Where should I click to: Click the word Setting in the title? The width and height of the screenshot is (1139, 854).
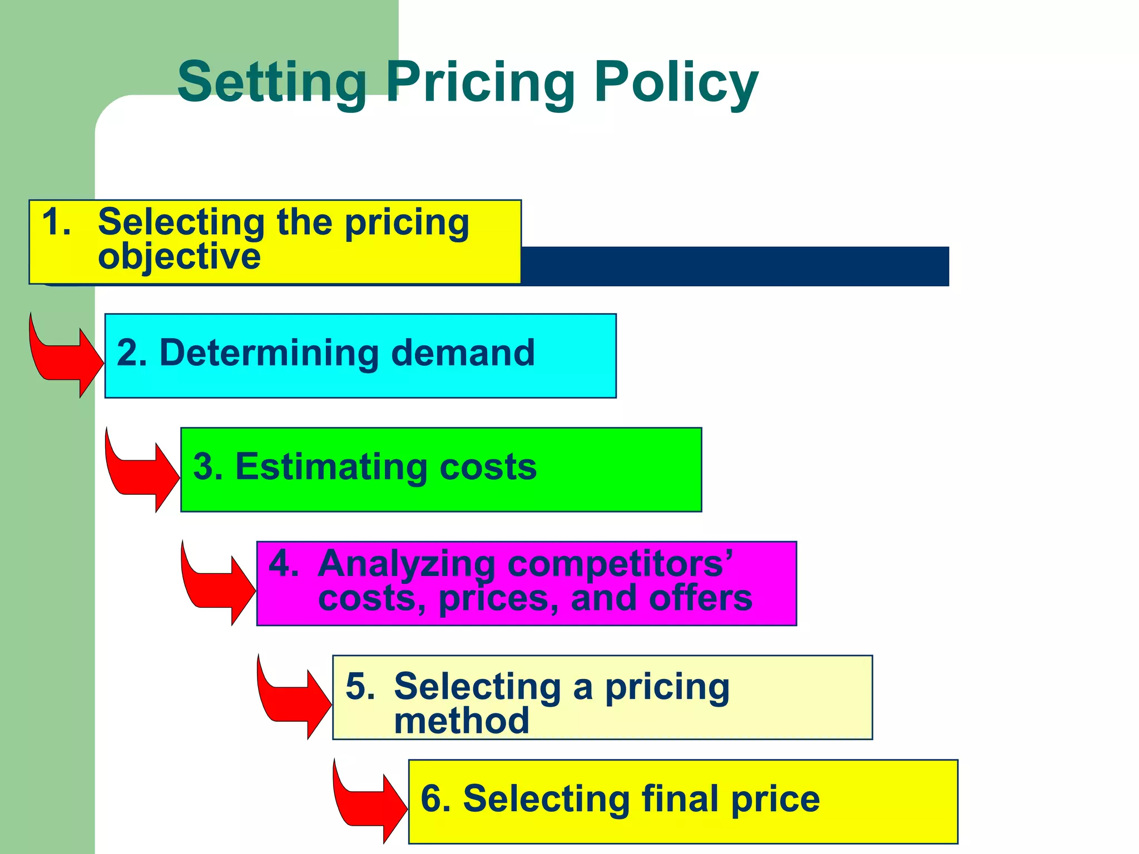271,83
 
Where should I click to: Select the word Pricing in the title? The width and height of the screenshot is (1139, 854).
480,83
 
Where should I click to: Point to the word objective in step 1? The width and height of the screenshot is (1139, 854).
179,257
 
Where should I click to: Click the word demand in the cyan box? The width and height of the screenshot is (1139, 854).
463,353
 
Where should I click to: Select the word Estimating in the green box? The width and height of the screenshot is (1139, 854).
331,466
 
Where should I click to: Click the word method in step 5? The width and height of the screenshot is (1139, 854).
461,721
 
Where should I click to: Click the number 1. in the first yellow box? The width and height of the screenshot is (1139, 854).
56,222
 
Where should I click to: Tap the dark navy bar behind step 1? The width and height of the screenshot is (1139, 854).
734,266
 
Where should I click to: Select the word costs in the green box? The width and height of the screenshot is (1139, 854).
488,466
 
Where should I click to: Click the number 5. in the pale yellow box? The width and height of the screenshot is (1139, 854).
360,686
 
